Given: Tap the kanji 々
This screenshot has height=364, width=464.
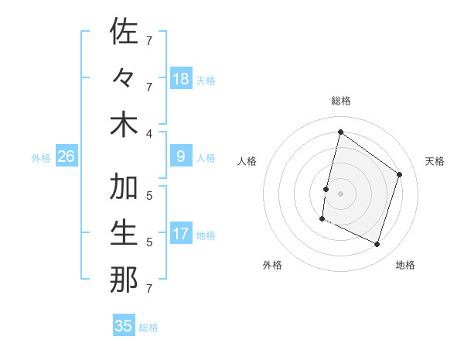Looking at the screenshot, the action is (x=124, y=78).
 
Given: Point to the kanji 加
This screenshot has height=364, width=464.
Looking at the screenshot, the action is (x=124, y=187).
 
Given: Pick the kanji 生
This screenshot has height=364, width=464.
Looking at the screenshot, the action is (x=124, y=234).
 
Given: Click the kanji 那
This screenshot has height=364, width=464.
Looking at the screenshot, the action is (x=124, y=280).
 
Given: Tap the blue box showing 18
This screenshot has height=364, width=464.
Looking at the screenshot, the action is (x=181, y=78).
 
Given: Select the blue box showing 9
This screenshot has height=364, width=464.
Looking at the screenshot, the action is (x=181, y=156).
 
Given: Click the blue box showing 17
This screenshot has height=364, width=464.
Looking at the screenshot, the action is (x=181, y=234).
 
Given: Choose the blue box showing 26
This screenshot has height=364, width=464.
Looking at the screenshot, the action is (x=66, y=156).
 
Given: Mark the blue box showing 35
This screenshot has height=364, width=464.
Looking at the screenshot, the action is (x=124, y=326).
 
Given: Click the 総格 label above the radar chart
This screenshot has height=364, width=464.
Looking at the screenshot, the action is (x=340, y=101).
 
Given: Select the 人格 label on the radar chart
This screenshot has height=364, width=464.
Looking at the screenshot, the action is (x=247, y=161).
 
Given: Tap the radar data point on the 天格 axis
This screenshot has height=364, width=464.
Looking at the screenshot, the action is (x=400, y=174).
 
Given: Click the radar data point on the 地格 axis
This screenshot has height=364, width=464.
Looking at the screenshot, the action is (x=377, y=245).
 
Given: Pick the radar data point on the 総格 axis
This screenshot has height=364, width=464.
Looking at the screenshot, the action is (x=340, y=132).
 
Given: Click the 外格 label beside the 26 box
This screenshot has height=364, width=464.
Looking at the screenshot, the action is (x=41, y=158).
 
